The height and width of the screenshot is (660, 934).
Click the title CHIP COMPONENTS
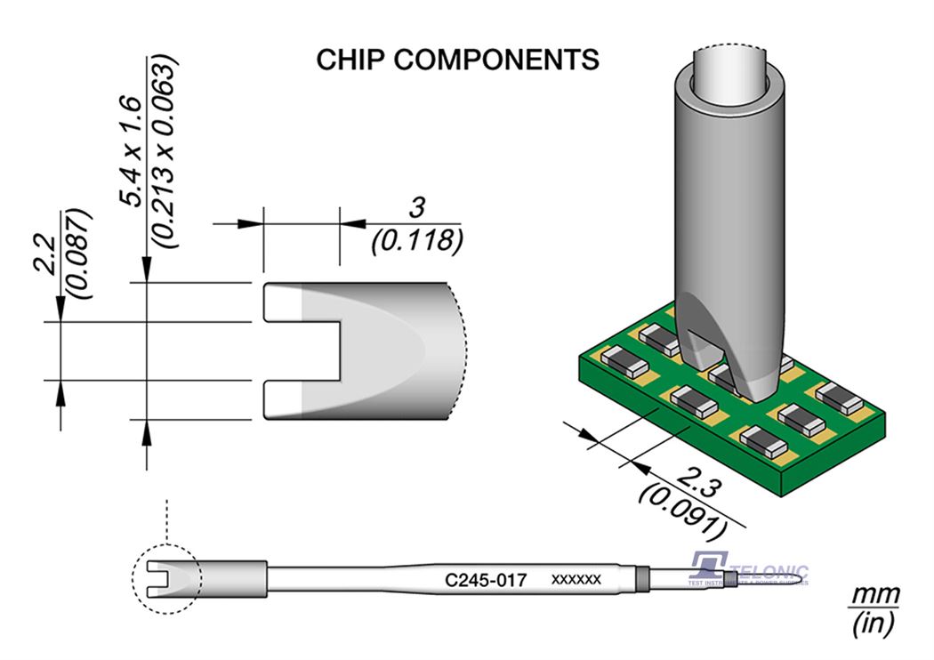point(458,60)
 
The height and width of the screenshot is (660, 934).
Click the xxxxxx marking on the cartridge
point(576,581)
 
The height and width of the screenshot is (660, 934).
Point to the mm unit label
point(875,594)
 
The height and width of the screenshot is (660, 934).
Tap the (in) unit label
point(875,624)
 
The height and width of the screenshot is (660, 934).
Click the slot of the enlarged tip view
point(302,350)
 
